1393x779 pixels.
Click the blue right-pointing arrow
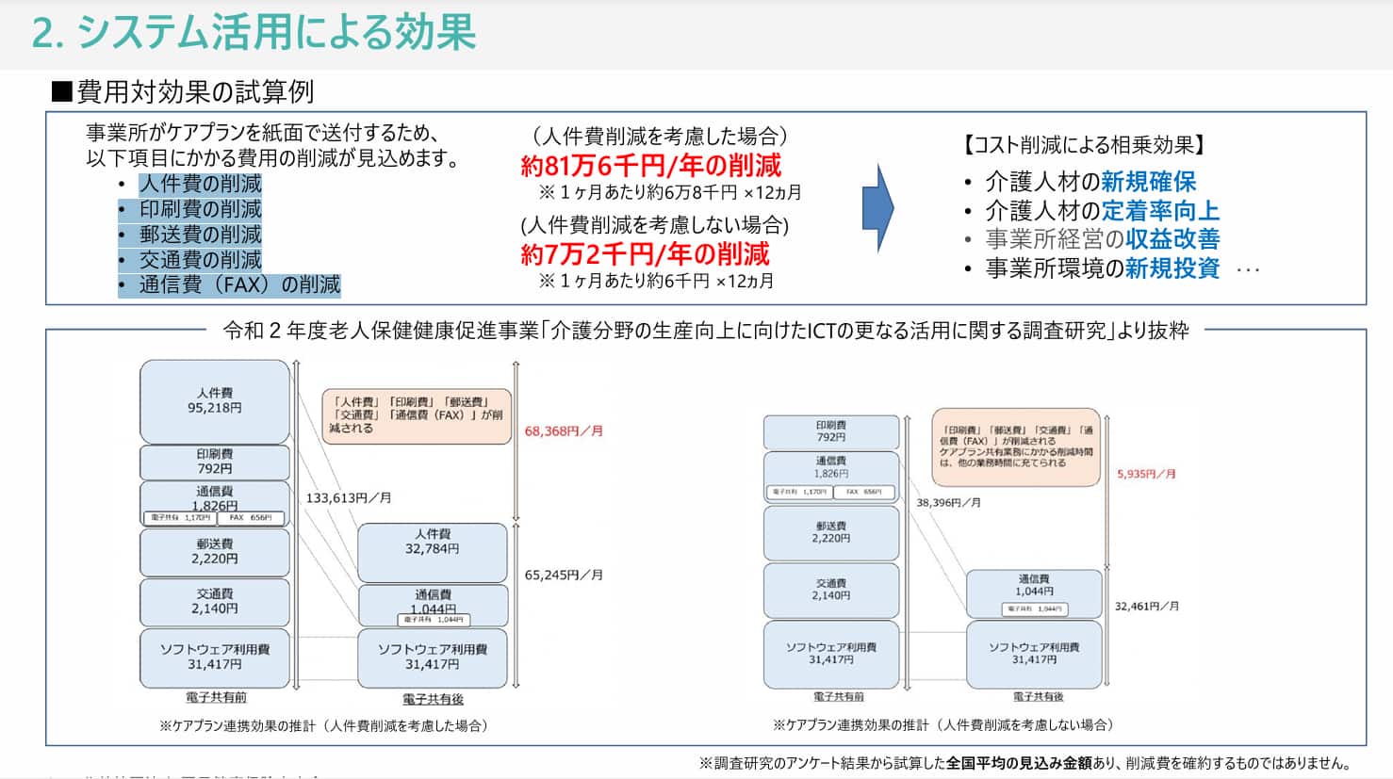pos(877,207)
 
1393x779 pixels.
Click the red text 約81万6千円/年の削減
pos(650,167)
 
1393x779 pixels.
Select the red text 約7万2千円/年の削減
pos(645,254)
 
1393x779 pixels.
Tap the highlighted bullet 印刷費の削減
pos(200,209)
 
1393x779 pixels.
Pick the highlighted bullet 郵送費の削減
pos(200,235)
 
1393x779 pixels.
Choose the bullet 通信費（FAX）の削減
pos(239,284)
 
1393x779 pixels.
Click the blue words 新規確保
pos(1148,182)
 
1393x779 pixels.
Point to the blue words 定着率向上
pos(1160,211)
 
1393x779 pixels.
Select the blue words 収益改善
pos(1172,239)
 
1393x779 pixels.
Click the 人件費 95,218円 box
pos(215,401)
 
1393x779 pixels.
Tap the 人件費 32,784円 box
pos(433,553)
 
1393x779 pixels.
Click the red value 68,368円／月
pos(564,431)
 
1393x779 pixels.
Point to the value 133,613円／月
pos(348,498)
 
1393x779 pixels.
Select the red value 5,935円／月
pos(1146,474)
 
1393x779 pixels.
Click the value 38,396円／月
pos(948,503)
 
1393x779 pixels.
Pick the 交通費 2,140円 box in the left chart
pos(215,602)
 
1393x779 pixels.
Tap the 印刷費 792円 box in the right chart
pos(831,431)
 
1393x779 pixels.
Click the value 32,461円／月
pos(1146,607)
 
